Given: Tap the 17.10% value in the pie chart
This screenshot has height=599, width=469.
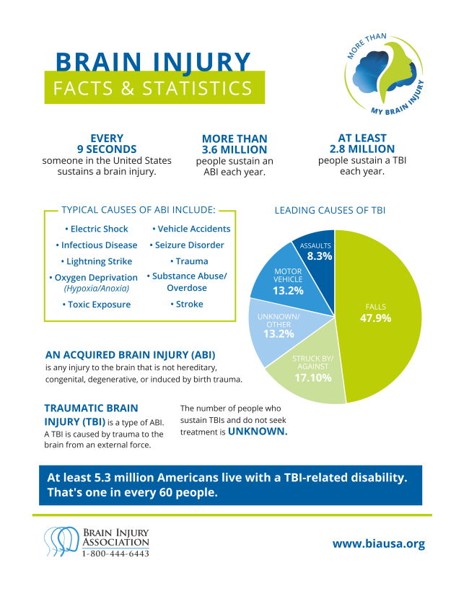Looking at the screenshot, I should point(312,377).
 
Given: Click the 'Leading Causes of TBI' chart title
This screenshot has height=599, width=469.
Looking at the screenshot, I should point(330,210).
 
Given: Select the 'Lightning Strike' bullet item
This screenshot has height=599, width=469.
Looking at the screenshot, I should point(97,261).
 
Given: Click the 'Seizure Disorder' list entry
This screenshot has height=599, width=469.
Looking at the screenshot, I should point(190,245).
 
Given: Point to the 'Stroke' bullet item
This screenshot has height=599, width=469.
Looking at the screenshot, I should point(190,304).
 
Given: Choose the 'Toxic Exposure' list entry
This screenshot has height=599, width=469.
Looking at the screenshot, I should point(97,305).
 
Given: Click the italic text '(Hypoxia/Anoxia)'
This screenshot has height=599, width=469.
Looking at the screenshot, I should point(97,288).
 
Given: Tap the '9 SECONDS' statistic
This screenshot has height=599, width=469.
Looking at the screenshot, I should point(107,149).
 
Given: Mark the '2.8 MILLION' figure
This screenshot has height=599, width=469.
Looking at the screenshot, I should point(362,149).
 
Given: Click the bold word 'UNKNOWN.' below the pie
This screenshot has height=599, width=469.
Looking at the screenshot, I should point(258,432).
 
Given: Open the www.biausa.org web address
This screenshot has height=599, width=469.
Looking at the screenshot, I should point(378,544).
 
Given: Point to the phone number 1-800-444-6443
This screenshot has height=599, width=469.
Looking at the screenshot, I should point(115,554).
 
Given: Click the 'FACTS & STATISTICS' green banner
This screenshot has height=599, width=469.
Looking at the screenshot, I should point(154,89).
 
